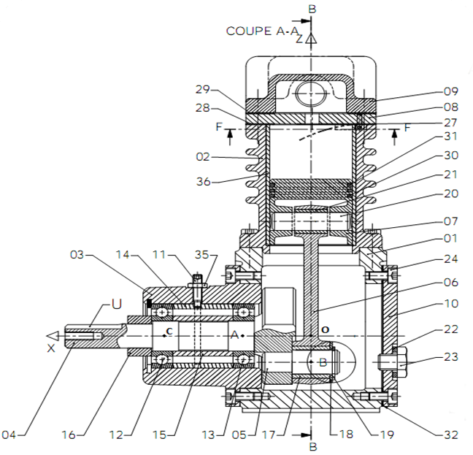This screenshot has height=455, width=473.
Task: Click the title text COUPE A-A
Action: (x=262, y=31)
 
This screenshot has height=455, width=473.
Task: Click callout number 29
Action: (x=202, y=89)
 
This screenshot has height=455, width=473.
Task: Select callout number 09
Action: (x=451, y=91)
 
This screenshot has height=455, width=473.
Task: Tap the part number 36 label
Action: (x=204, y=182)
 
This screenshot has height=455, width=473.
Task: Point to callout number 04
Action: (x=9, y=435)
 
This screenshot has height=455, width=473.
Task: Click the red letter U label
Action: (x=117, y=304)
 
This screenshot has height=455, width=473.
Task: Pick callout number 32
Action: (x=451, y=435)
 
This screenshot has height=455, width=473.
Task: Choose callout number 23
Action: (x=451, y=357)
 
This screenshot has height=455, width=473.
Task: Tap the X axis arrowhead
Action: (x=53, y=336)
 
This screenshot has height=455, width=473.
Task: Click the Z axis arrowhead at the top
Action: (x=311, y=39)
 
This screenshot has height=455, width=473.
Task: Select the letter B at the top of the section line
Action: (x=312, y=9)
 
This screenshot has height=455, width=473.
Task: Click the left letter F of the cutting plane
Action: (x=219, y=127)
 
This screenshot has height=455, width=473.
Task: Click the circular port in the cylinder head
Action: (x=311, y=93)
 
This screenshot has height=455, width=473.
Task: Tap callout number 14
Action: (x=123, y=255)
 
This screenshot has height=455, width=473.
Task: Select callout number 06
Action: (x=451, y=283)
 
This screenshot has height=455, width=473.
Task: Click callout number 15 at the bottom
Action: (x=160, y=435)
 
